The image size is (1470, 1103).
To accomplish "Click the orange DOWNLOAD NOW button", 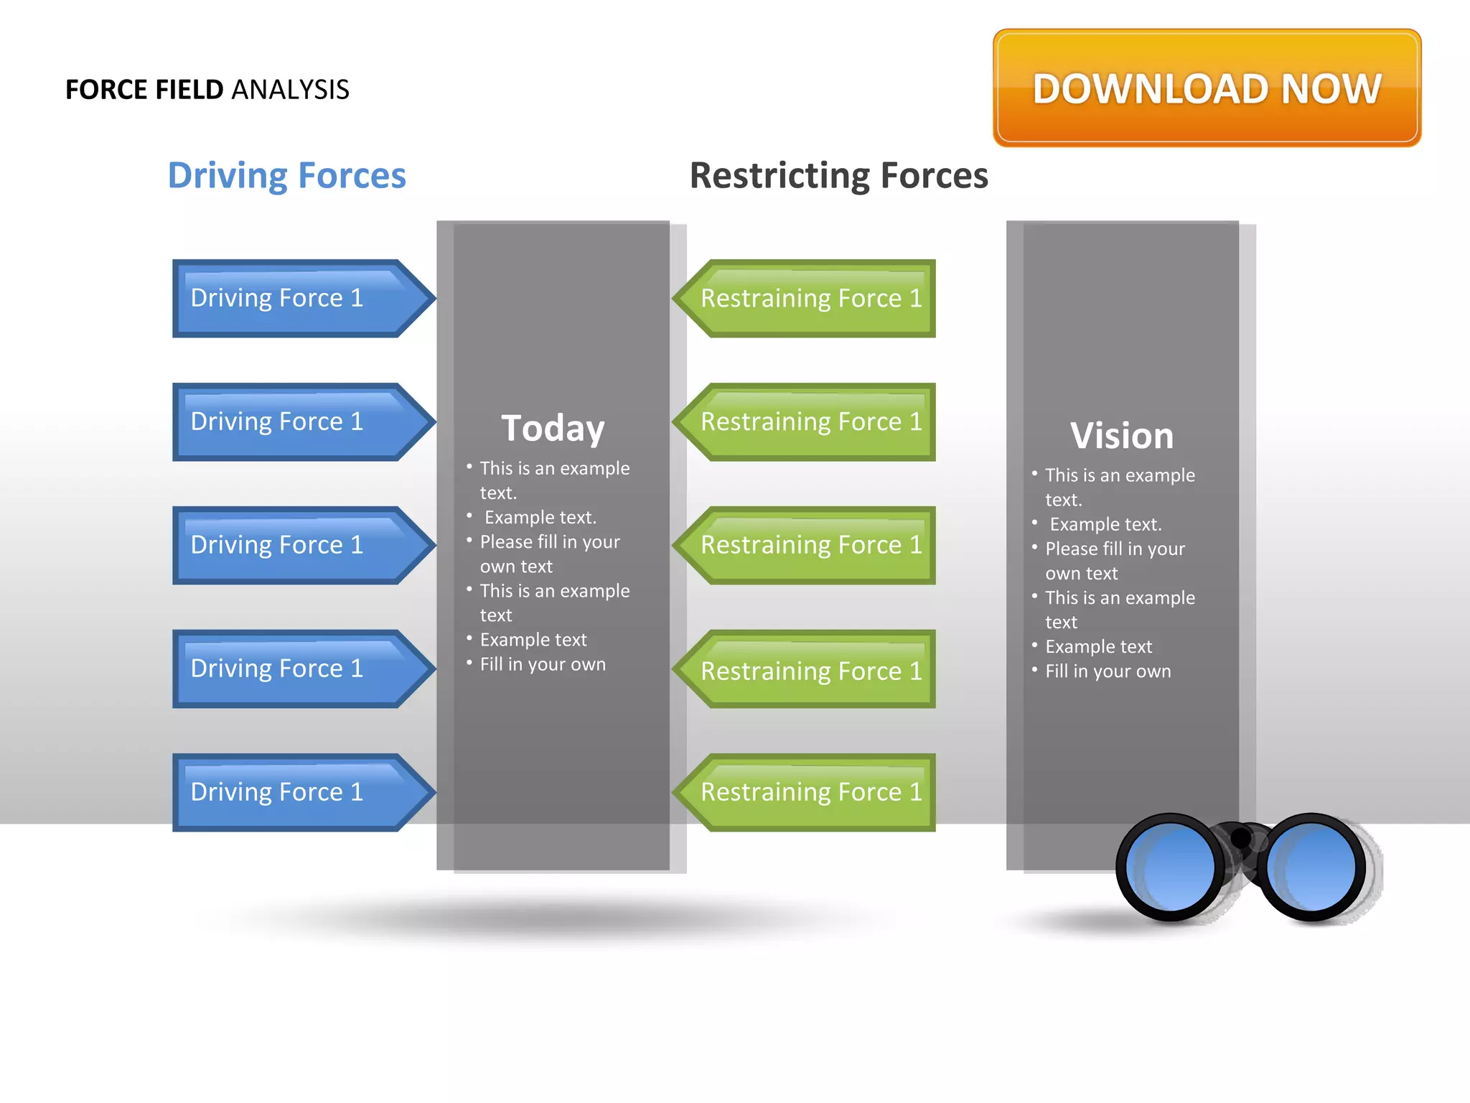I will tap(1207, 88).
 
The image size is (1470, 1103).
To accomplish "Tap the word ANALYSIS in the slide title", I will tap(290, 90).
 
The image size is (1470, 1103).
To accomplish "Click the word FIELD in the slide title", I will tap(189, 90).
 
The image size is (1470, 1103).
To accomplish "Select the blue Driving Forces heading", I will tap(286, 175).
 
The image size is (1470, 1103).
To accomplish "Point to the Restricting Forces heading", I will tap(838, 175).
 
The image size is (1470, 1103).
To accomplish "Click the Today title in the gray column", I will tap(553, 429).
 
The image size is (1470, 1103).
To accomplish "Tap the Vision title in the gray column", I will tap(1122, 436).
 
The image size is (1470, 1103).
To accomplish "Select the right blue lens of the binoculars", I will tap(1311, 867).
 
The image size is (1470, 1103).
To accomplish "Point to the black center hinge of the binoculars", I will tap(1241, 838).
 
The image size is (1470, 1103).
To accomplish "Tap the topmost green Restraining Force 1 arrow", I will tap(807, 298).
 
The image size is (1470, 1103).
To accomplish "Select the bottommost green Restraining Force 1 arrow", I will tap(807, 792).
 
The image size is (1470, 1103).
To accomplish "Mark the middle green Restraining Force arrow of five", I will tap(807, 545).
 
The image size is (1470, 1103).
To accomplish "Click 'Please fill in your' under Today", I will tap(550, 542).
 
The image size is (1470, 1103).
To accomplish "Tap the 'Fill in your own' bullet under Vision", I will tap(1108, 671).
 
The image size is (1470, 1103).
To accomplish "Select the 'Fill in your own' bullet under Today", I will tap(543, 664).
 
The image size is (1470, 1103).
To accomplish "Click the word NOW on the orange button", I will tap(1331, 89).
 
